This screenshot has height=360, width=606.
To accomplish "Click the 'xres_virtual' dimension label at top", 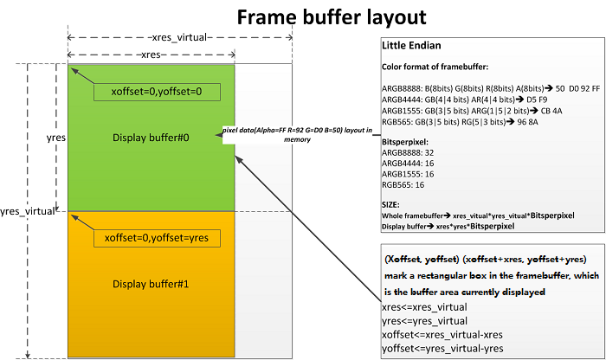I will point(180,38).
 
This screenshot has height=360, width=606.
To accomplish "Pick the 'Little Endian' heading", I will point(413,45).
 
